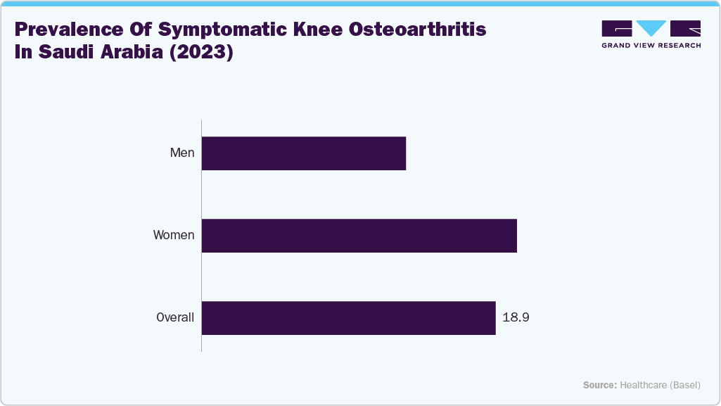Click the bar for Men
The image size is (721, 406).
[x=304, y=153]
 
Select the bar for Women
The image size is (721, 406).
[x=359, y=236]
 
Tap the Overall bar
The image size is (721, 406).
[x=348, y=318]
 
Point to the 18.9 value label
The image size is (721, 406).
[x=516, y=317]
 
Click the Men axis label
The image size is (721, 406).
[x=182, y=153]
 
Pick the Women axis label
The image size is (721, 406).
[x=174, y=235]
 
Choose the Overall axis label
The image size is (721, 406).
[x=175, y=317]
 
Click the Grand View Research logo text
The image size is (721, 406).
[x=651, y=45]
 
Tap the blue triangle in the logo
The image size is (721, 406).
[x=651, y=28]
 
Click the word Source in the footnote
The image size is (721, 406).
[x=599, y=385]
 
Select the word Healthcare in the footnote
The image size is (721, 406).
[x=644, y=385]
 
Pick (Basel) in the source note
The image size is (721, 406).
[x=685, y=385]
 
